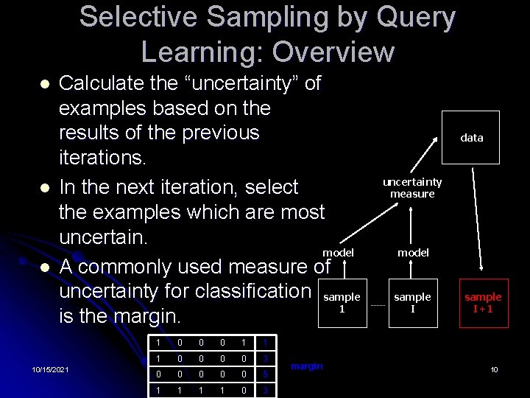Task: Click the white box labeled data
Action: point(471,137)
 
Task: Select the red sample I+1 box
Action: point(483,303)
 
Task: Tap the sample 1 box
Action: point(342,303)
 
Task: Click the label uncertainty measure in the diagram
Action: point(412,188)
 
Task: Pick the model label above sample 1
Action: point(338,253)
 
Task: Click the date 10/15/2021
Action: point(51,369)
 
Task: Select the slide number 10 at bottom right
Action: point(495,369)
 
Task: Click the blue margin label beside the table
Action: point(307,366)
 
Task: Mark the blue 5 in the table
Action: point(265,374)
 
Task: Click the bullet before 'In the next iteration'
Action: point(44,188)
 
